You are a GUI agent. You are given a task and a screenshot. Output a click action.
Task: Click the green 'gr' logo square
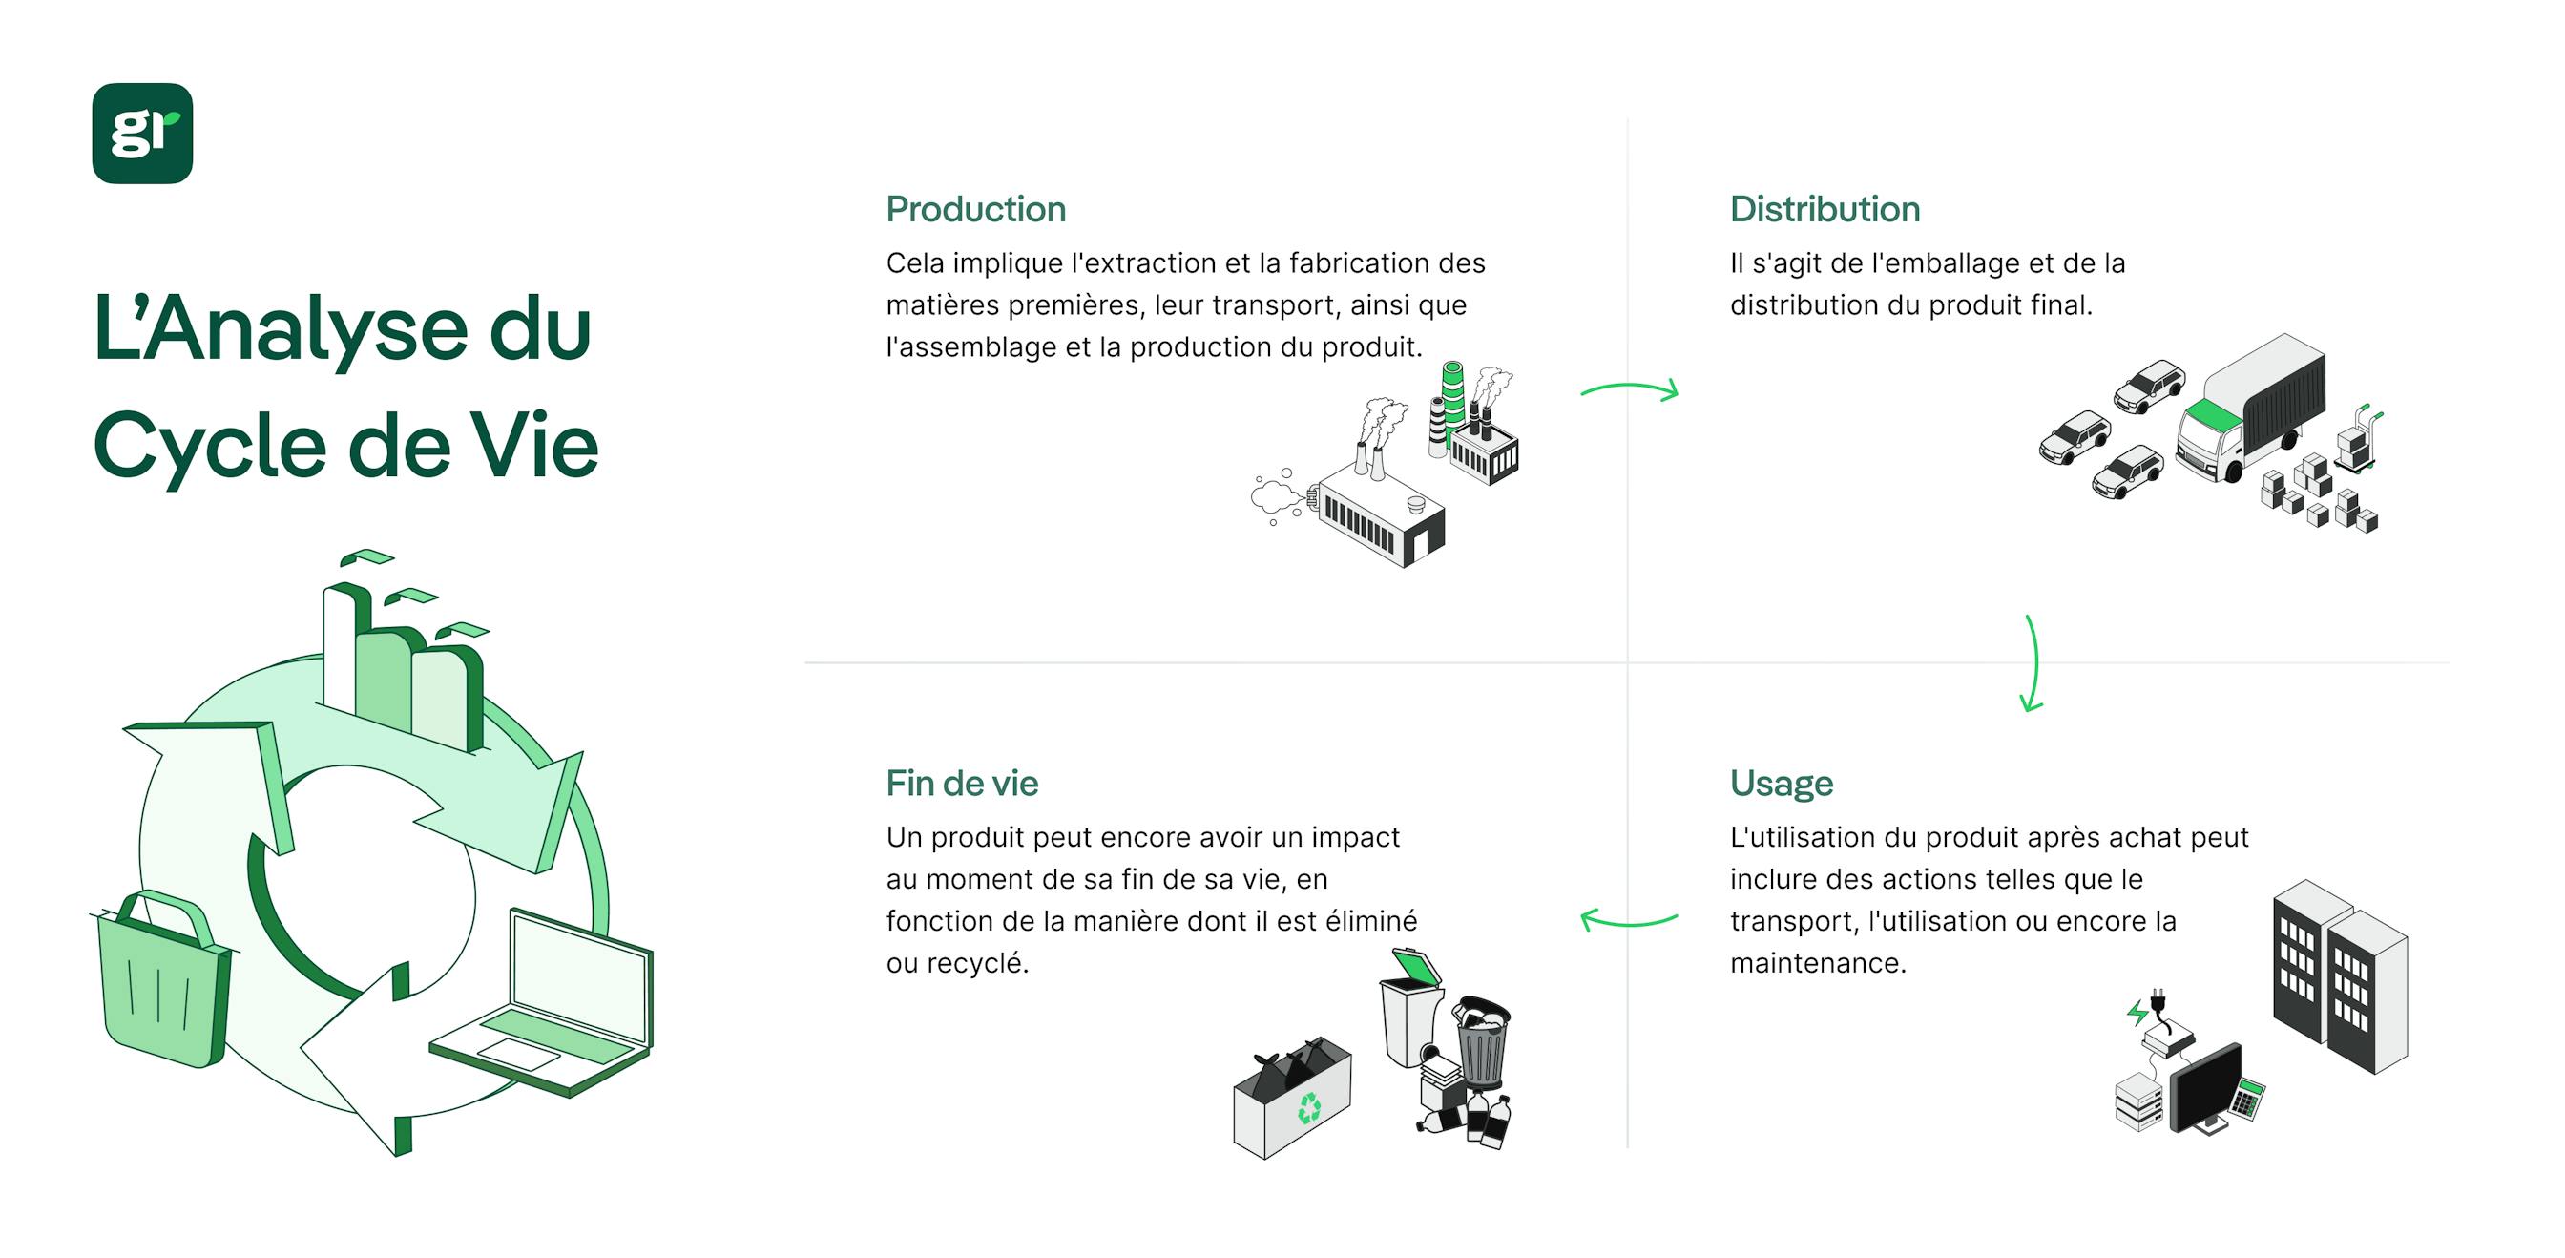pyautogui.click(x=142, y=134)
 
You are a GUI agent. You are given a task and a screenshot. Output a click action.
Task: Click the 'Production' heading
pyautogui.click(x=975, y=209)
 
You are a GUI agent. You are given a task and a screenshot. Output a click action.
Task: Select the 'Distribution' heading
pyautogui.click(x=1825, y=209)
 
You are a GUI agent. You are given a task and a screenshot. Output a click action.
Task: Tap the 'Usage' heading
pyautogui.click(x=1781, y=784)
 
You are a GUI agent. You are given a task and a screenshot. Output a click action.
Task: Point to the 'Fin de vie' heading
pyautogui.click(x=961, y=784)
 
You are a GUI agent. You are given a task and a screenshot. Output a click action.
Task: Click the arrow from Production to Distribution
pyautogui.click(x=1629, y=389)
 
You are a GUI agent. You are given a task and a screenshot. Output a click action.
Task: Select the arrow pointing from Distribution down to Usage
pyautogui.click(x=2033, y=663)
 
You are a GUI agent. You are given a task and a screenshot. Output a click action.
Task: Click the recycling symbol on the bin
pyautogui.click(x=1308, y=1107)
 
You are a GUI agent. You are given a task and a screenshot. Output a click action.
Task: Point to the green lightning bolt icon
pyautogui.click(x=2136, y=1014)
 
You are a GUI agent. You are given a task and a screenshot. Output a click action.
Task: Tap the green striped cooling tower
pyautogui.click(x=1452, y=399)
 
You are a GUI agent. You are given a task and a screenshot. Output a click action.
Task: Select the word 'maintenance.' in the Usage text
pyautogui.click(x=1817, y=963)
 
